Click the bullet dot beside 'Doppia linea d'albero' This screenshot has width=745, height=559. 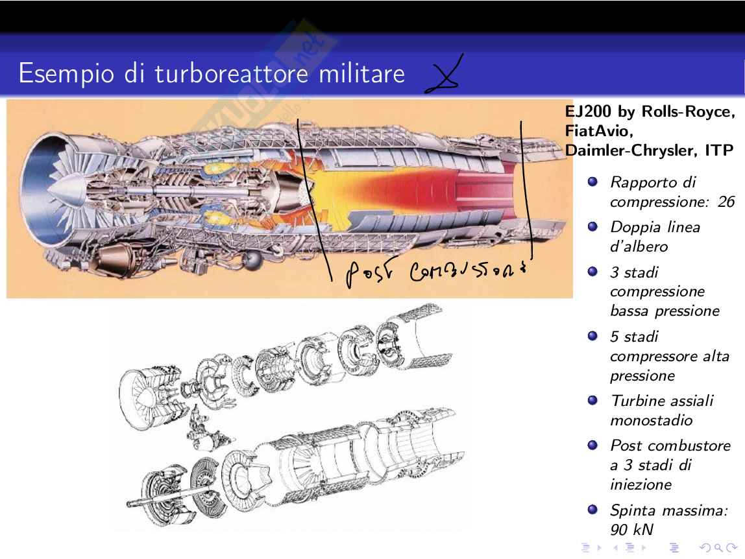(x=592, y=227)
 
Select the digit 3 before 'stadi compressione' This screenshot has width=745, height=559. (x=615, y=272)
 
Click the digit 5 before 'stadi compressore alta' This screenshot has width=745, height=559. (x=615, y=337)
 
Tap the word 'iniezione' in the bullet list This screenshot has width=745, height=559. (x=641, y=484)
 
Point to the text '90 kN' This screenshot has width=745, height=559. (x=633, y=529)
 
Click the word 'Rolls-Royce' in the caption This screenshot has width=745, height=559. (x=688, y=112)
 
